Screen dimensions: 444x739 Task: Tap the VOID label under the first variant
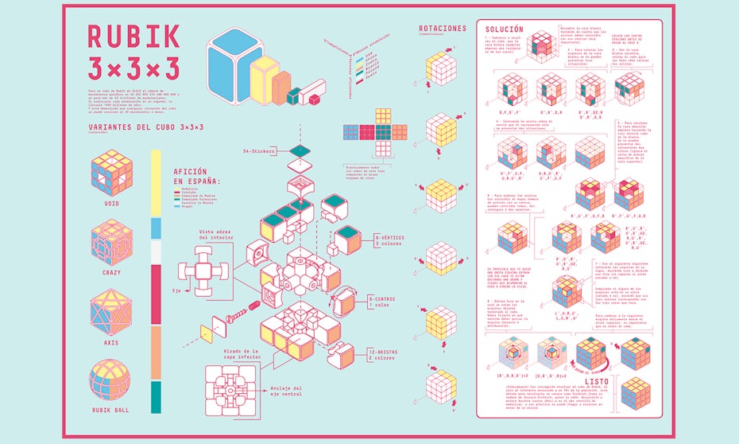[x=110, y=203]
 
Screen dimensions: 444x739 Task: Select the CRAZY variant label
[x=110, y=273]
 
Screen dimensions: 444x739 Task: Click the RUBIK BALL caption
[x=110, y=411]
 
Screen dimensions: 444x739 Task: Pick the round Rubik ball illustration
[x=110, y=380]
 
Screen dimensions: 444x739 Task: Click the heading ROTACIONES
[x=442, y=29]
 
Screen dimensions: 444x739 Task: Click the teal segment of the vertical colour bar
[x=155, y=397]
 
